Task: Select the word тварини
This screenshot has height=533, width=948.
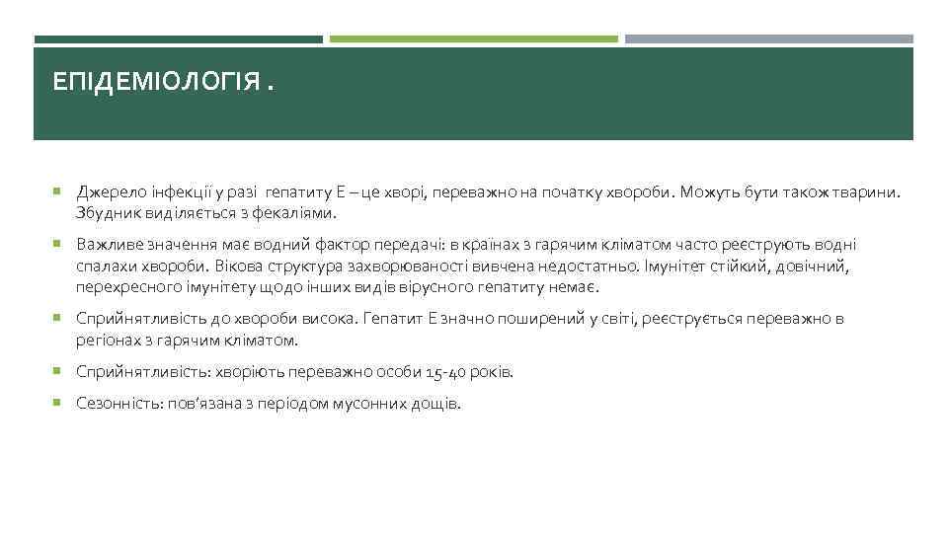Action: click(869, 192)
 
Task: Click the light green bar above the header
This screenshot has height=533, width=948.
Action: click(474, 39)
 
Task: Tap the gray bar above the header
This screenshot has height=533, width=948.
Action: click(768, 39)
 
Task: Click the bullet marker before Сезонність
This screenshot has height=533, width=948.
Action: click(58, 404)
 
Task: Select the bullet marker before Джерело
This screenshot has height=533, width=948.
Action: click(58, 191)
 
